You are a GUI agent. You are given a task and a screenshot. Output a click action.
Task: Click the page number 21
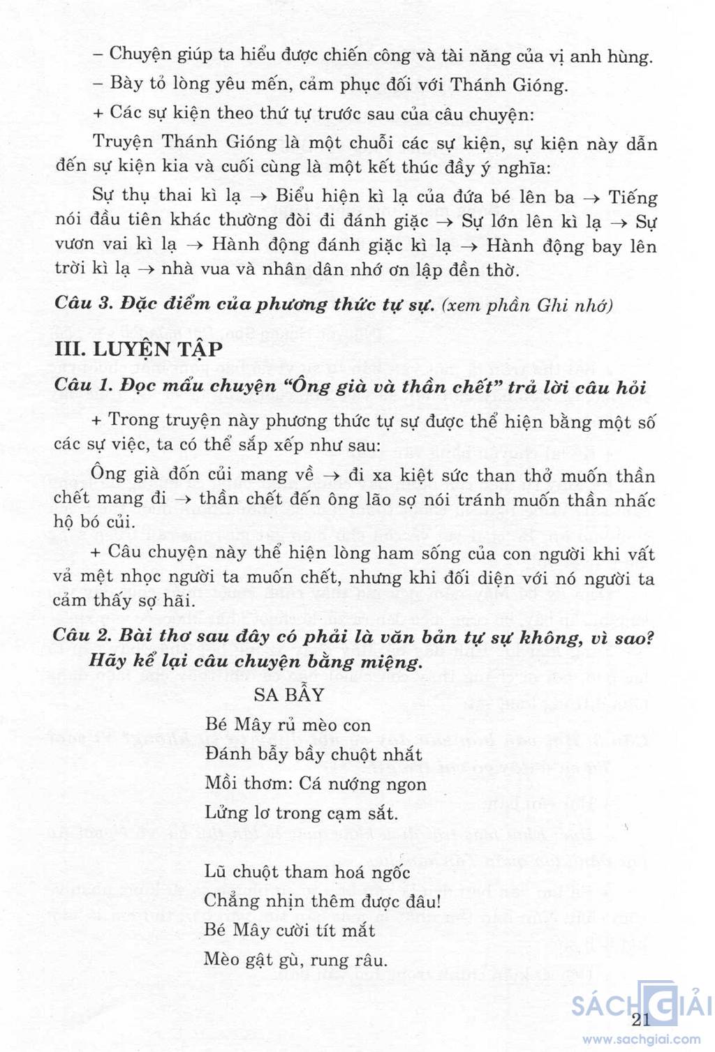(x=640, y=1019)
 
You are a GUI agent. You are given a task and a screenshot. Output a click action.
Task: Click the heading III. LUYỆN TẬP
(x=138, y=349)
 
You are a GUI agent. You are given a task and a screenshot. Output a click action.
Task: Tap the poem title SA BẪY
(x=289, y=694)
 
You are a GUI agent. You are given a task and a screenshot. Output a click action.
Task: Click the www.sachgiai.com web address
(x=642, y=1039)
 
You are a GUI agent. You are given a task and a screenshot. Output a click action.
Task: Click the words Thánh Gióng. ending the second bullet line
(x=509, y=85)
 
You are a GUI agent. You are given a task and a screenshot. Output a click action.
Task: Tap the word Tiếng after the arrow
(x=633, y=197)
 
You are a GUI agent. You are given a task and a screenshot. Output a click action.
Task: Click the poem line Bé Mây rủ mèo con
(x=288, y=725)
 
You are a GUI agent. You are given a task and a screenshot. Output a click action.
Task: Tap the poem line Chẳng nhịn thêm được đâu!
(x=323, y=901)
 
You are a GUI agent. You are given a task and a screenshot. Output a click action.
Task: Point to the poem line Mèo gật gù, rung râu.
(x=295, y=959)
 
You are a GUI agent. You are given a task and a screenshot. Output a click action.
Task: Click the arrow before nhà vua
(x=145, y=269)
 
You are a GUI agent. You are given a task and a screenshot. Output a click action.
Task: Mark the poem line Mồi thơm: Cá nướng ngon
(x=315, y=783)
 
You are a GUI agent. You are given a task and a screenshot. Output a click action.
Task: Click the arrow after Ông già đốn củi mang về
(x=334, y=476)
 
